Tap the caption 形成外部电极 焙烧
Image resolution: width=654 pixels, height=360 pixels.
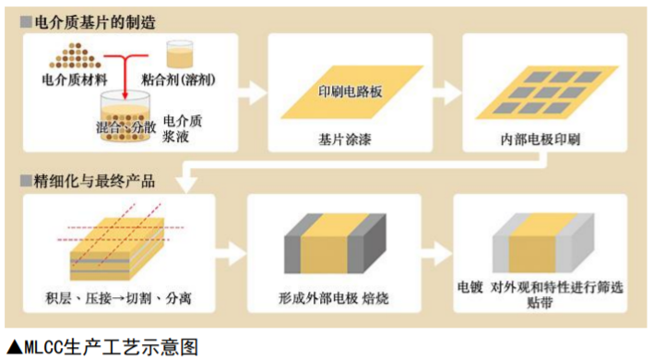tap(333, 299)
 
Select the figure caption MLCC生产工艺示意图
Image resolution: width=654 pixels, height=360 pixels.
tap(101, 346)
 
